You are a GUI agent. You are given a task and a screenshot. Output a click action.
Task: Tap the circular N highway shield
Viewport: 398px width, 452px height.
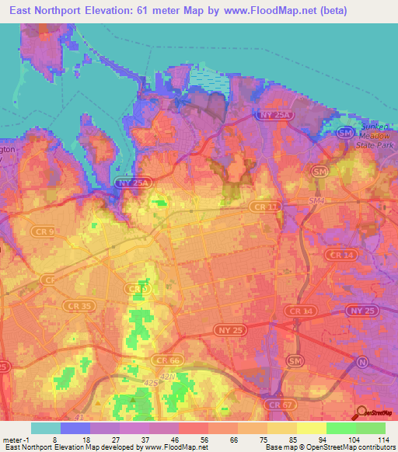[x=361, y=362]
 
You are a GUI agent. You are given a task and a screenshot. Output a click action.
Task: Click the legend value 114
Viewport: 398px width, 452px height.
[x=385, y=439]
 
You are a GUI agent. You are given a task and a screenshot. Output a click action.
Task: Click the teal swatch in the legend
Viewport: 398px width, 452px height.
[x=45, y=428]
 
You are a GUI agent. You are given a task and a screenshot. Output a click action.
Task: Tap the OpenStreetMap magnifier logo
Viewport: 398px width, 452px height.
[x=361, y=411]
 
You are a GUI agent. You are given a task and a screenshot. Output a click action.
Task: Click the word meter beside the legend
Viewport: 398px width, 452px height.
[x=12, y=439]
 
